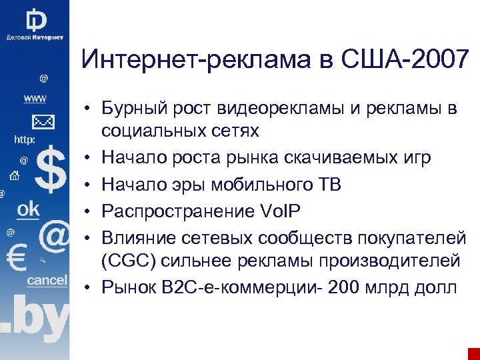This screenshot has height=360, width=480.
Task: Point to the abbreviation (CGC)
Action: pyautogui.click(x=130, y=259)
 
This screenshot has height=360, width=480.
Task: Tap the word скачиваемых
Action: pyautogui.click(x=339, y=158)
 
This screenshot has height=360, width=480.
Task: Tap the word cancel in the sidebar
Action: pyautogui.click(x=47, y=280)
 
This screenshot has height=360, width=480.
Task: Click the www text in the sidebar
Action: pyautogui.click(x=35, y=99)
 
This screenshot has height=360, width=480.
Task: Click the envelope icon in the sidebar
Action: pyautogui.click(x=43, y=121)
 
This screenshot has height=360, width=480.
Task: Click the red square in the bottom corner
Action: pyautogui.click(x=474, y=353)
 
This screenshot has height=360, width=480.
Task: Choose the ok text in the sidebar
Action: pyautogui.click(x=29, y=209)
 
